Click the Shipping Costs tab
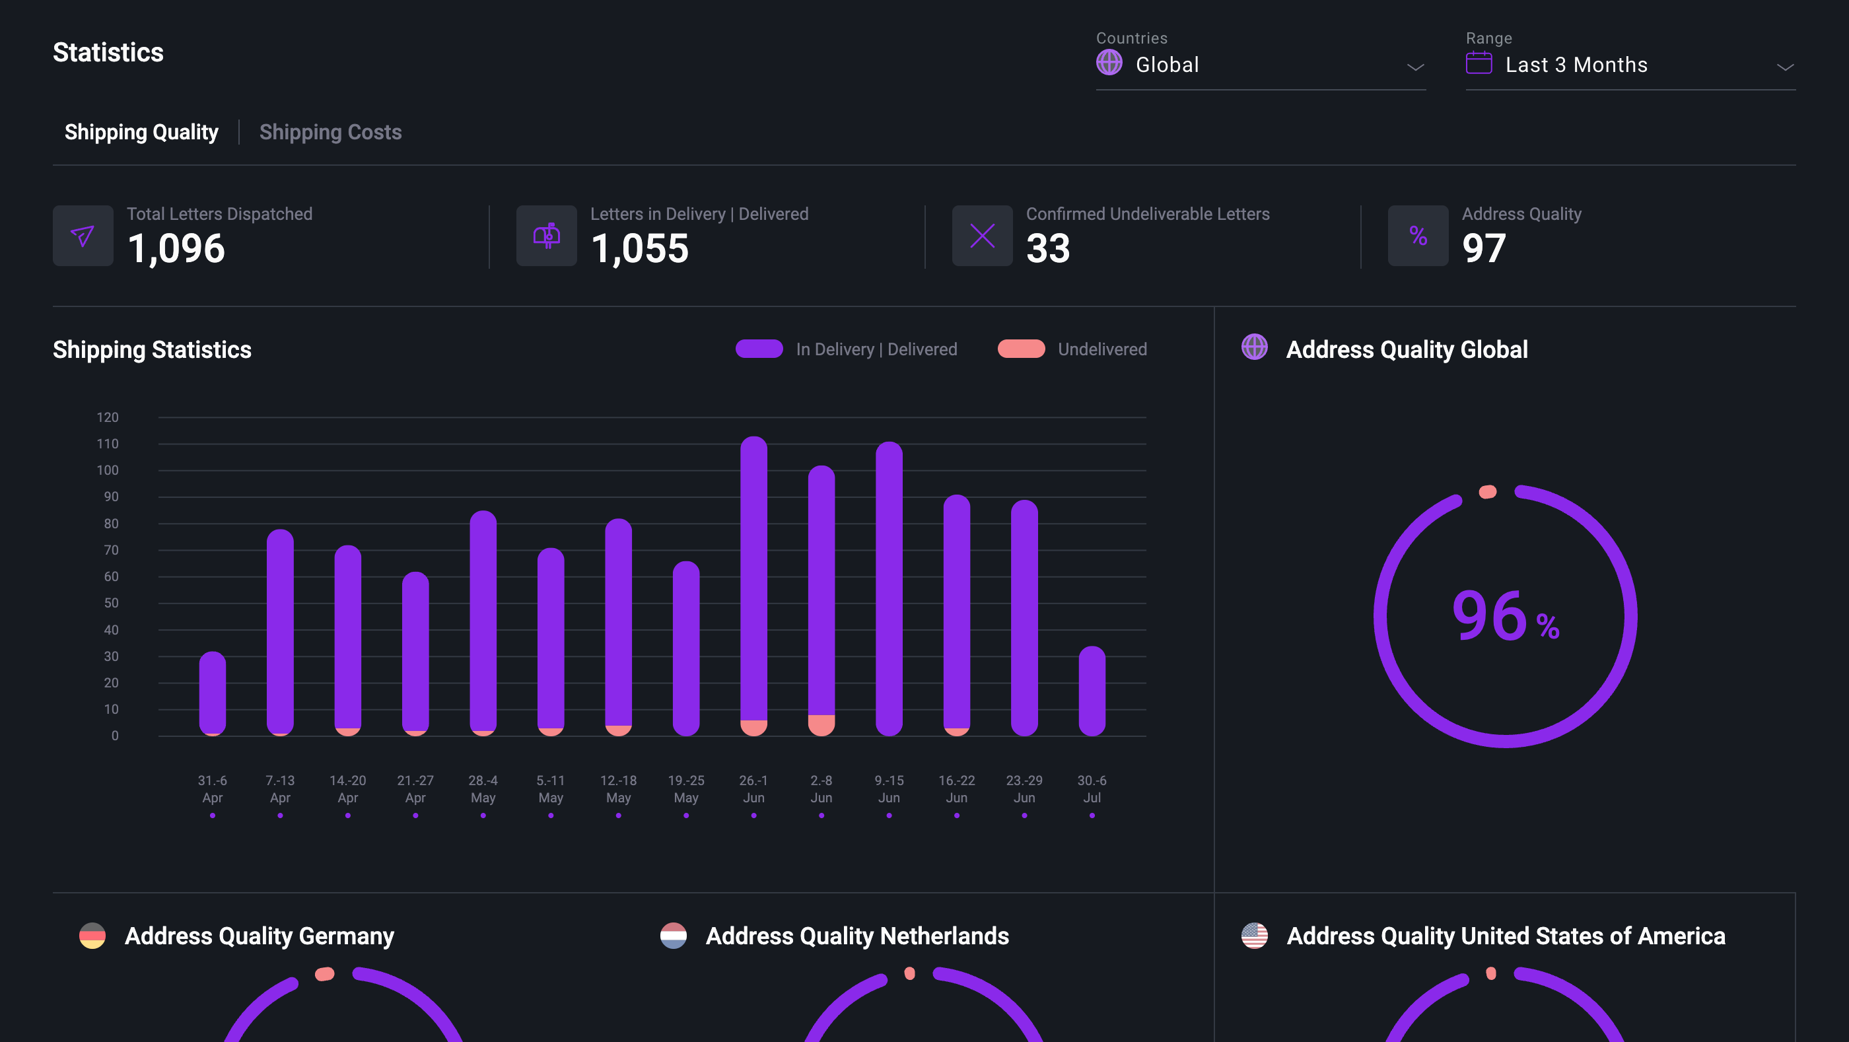330,132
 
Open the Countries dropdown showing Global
1260,65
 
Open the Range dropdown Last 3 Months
1629,65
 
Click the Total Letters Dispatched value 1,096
176,248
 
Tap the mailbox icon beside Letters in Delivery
546,235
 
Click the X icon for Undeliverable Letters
982,235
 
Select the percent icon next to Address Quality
1418,235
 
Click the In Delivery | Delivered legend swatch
759,349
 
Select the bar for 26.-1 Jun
753,574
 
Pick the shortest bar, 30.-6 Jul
1092,689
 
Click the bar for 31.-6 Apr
213,693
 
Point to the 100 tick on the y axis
108,470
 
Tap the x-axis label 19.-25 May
685,788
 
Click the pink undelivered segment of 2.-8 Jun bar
821,725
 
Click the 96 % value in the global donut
1504,617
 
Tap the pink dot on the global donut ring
1488,491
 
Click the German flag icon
92,936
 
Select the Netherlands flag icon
674,936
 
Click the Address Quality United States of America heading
1505,936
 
